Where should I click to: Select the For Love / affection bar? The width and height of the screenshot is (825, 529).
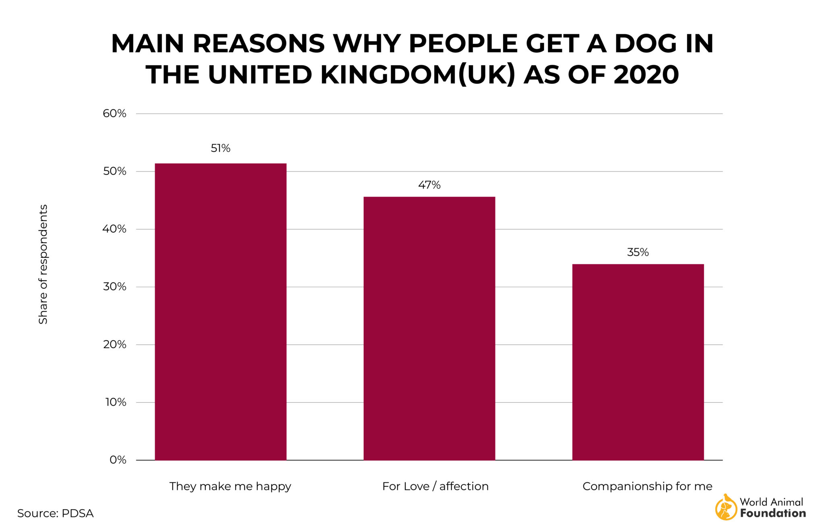pos(429,328)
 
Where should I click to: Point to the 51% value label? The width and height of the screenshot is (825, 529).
pos(220,149)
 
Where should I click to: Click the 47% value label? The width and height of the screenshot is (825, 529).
pos(429,185)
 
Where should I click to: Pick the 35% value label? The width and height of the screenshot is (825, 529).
pos(638,252)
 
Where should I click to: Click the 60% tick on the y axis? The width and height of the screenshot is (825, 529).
pos(114,114)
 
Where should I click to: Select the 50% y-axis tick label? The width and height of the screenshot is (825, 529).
pos(114,172)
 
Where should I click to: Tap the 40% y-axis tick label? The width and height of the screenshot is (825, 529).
pos(114,229)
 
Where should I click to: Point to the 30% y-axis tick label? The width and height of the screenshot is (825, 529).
pos(114,287)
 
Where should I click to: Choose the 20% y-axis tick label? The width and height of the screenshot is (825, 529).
pos(114,345)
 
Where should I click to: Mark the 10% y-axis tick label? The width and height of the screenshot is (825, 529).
pos(116,402)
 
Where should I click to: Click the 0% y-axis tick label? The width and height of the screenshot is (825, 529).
pos(118,460)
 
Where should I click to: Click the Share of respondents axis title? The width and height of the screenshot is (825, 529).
pos(43,264)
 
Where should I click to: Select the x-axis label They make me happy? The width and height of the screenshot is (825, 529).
pos(230,486)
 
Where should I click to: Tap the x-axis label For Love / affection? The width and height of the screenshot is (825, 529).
pos(435,486)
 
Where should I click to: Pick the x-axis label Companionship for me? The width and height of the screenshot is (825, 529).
pos(647,486)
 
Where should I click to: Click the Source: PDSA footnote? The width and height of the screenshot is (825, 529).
pos(55,513)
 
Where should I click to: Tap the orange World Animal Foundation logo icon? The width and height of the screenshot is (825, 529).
pos(726,507)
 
